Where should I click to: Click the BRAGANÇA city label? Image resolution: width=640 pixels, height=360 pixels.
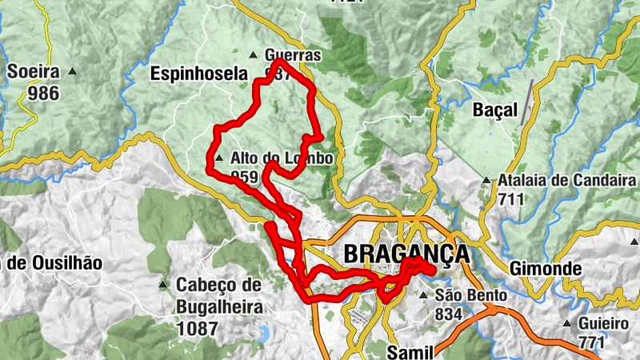tap(406, 254)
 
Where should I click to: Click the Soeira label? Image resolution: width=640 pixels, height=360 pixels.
tap(34, 71)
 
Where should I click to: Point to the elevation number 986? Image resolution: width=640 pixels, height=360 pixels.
tap(43, 93)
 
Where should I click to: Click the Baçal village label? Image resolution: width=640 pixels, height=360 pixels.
tap(495, 110)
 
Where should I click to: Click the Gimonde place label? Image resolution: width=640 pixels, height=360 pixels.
tap(541, 266)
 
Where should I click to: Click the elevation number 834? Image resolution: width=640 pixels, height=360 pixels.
tap(449, 314)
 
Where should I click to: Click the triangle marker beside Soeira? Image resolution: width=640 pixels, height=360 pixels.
tap(74, 72)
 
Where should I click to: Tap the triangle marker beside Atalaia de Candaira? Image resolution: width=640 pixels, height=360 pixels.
tap(486, 181)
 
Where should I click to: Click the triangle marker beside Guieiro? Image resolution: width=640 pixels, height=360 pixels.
tap(567, 325)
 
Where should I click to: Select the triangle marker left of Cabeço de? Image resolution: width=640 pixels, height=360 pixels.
tap(163, 284)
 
